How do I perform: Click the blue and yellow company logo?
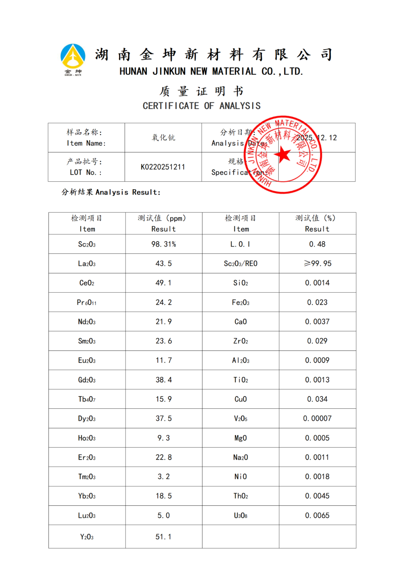[x=73, y=59]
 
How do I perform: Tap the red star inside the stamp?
[x=283, y=154]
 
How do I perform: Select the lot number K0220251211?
[x=163, y=167]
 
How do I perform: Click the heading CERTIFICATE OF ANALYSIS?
[x=201, y=106]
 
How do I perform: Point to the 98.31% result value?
[x=163, y=244]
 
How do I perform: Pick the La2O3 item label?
[x=87, y=264]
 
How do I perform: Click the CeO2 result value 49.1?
[x=163, y=283]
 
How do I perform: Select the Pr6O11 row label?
[x=87, y=302]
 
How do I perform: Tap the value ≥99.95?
[x=317, y=264]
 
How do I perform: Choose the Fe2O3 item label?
[x=240, y=302]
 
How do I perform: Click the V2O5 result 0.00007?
[x=317, y=418]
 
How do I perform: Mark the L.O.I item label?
[x=240, y=244]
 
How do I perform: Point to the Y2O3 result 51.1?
[x=163, y=537]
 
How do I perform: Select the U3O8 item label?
[x=240, y=516]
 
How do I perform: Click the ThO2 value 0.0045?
[x=317, y=496]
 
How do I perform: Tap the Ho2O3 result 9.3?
[x=163, y=438]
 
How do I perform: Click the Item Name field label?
[x=86, y=138]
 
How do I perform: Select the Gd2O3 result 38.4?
[x=163, y=380]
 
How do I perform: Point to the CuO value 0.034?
[x=317, y=399]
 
